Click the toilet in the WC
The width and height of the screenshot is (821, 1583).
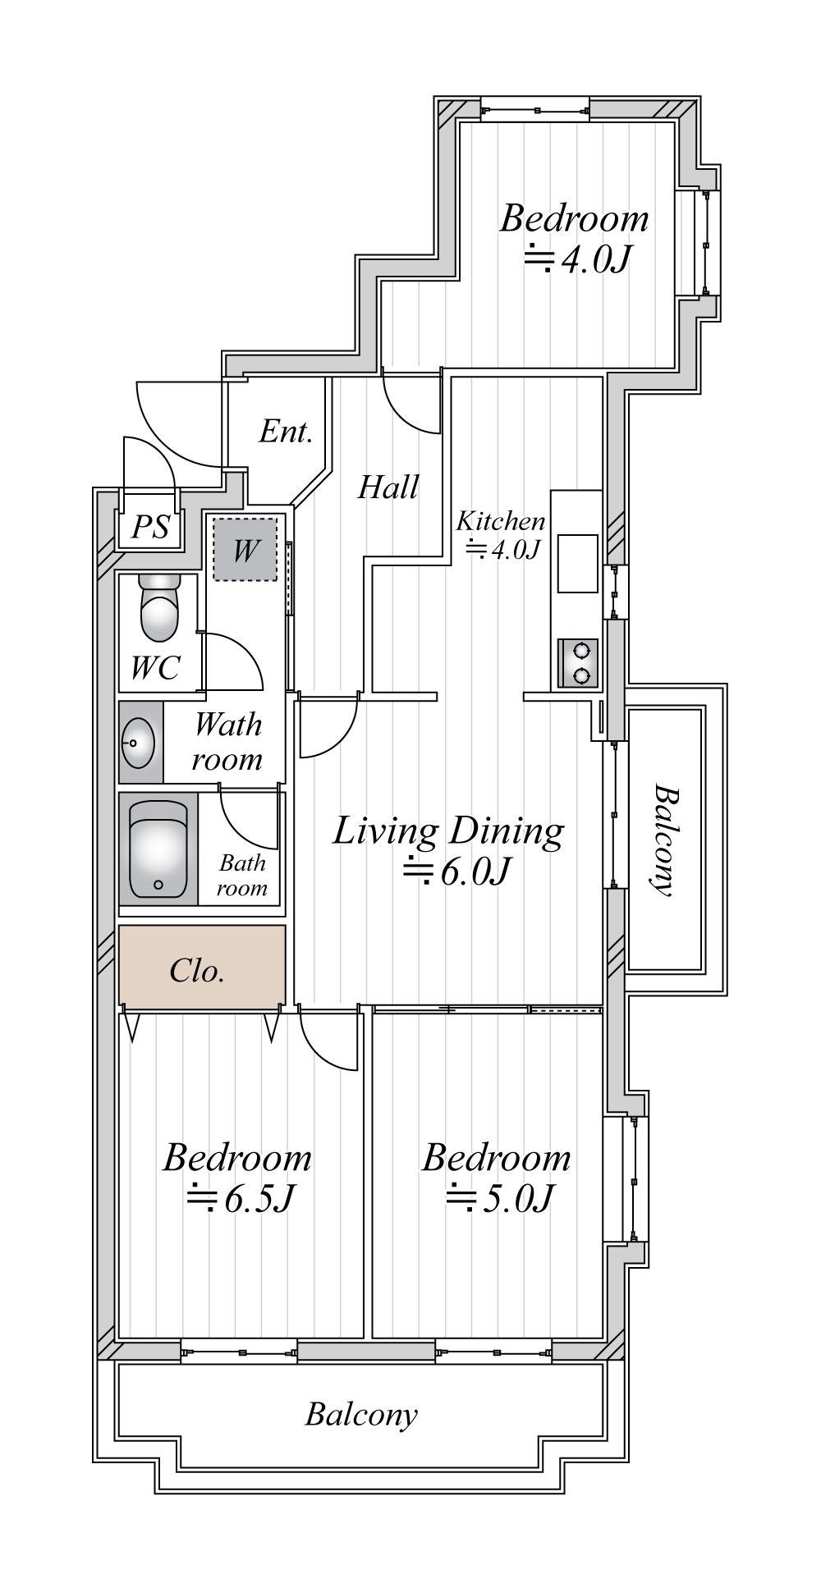click(159, 607)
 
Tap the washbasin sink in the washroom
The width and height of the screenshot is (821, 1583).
click(137, 743)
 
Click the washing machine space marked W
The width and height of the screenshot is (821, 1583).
click(245, 550)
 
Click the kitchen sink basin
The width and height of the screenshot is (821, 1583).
click(578, 563)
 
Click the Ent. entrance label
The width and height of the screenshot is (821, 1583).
click(286, 432)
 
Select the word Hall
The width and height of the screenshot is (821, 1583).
click(388, 487)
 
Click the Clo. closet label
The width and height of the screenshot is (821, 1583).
click(197, 971)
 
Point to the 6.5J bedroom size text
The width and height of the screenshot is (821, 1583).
click(239, 1199)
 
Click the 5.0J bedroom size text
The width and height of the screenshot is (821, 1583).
click(498, 1199)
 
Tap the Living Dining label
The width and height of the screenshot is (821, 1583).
click(448, 833)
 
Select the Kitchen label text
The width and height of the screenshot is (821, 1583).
click(501, 521)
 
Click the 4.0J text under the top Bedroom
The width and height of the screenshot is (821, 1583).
click(576, 259)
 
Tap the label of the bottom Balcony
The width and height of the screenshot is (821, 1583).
click(361, 1414)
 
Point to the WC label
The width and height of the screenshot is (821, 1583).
click(155, 668)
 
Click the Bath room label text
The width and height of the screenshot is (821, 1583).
click(242, 875)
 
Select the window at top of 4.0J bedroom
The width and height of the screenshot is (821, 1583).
click(534, 109)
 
